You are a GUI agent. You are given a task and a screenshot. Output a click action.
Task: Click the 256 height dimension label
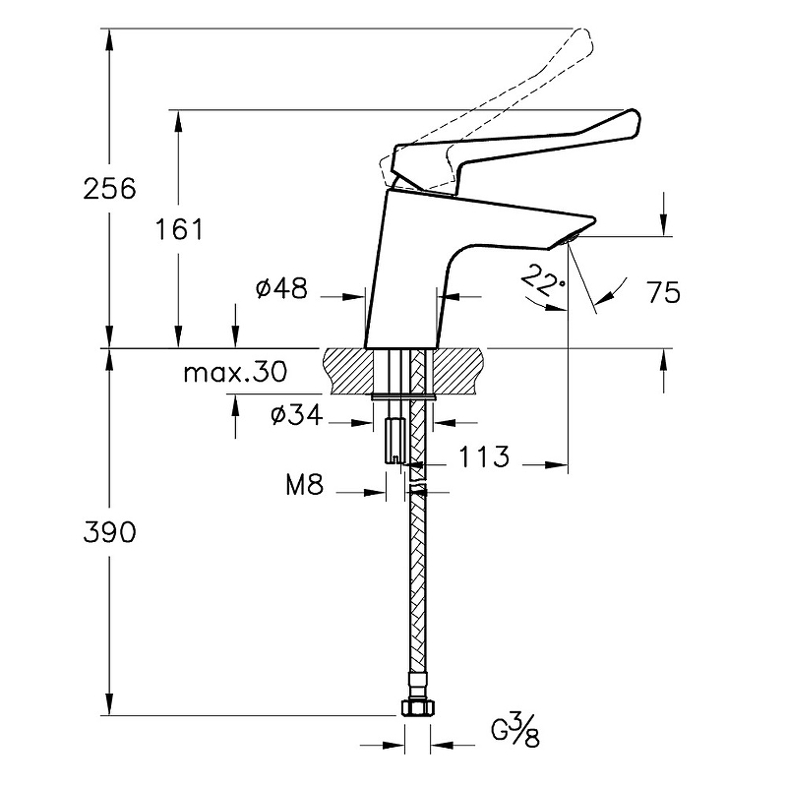tap(109, 189)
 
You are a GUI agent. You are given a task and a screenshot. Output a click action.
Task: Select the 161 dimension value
tap(179, 230)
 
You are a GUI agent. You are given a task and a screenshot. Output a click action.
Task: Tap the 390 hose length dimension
tap(109, 532)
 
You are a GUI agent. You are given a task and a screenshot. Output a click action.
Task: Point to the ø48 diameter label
tap(281, 288)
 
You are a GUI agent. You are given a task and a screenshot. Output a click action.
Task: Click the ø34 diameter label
tap(296, 414)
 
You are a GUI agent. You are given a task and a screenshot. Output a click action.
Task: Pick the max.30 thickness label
tap(235, 372)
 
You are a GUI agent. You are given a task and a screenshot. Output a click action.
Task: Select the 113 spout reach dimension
tap(484, 456)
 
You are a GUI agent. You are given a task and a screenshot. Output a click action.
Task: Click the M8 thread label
tap(305, 484)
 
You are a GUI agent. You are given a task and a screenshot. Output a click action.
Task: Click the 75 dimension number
tap(663, 292)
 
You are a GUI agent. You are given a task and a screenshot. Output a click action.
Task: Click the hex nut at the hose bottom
tap(417, 707)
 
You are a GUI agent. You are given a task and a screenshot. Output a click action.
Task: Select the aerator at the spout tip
tap(572, 237)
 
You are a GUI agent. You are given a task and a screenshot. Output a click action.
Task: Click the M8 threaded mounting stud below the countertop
tap(394, 441)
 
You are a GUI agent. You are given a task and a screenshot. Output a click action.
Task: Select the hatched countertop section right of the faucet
tap(458, 371)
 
